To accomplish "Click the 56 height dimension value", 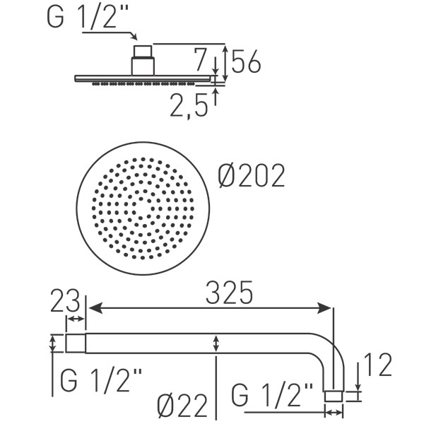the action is pos(246,61).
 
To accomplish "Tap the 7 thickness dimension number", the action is pos(201,59).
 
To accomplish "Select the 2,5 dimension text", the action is pos(189,105).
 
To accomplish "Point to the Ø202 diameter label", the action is pos(251,175).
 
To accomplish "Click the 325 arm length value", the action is pos(229,293).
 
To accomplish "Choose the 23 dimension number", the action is pos(65,300).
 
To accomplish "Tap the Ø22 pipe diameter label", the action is pos(182,406).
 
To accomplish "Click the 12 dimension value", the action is pos(378,365).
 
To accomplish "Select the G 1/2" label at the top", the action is pos(88,16).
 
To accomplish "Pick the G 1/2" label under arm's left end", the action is pos(100,380).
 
